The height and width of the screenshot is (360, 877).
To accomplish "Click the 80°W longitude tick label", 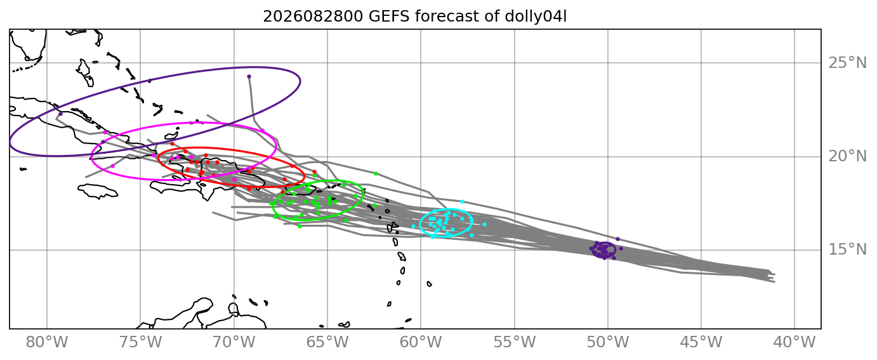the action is [x=47, y=342].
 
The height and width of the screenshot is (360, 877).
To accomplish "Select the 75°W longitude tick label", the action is [x=140, y=342].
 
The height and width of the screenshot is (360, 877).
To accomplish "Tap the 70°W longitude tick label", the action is [x=234, y=342].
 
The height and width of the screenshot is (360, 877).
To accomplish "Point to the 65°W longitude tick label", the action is [x=327, y=342].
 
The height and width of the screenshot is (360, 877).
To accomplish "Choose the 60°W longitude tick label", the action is [x=421, y=342].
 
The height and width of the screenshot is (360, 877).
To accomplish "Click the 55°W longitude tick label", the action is [x=515, y=342].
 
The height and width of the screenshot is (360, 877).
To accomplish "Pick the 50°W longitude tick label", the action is [x=608, y=342].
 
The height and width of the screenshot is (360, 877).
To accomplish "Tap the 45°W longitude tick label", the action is [x=701, y=342].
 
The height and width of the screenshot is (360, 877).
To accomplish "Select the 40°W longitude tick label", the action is [x=795, y=342].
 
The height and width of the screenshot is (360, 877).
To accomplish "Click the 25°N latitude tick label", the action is [x=848, y=63].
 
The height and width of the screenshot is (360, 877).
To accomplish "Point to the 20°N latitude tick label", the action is [x=848, y=156].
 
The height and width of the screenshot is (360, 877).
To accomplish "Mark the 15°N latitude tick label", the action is [x=848, y=250].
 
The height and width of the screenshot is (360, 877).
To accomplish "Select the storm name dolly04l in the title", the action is [x=536, y=17].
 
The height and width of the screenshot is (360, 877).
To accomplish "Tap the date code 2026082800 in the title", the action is [x=313, y=17].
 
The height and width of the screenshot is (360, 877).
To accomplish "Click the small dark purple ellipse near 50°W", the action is [x=603, y=250].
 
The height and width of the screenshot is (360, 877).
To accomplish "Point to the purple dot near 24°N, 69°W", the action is [x=249, y=76].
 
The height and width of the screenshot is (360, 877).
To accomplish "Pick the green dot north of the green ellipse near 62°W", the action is [x=376, y=173].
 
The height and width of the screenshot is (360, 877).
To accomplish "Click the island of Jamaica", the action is [x=98, y=191].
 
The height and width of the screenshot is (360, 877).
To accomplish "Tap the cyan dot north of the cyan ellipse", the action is [x=463, y=202].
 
